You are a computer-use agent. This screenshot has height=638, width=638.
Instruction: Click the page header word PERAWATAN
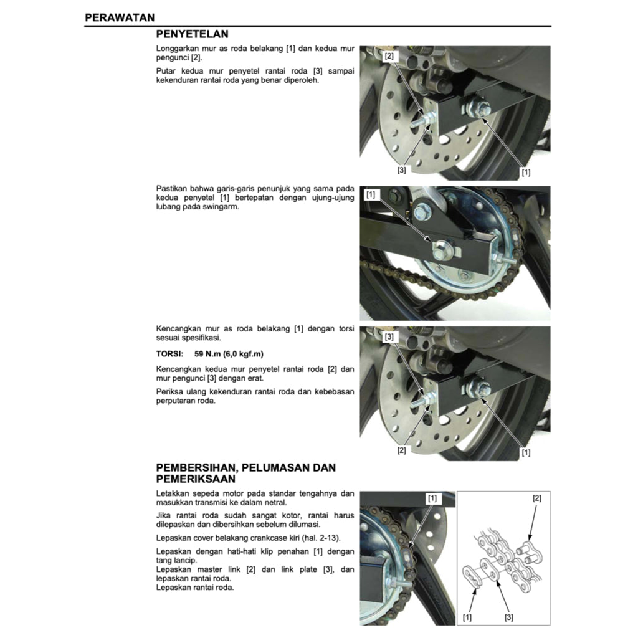tap(120, 17)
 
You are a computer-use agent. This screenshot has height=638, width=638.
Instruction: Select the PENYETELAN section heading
tap(192, 34)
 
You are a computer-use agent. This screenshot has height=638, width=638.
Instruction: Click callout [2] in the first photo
tap(389, 56)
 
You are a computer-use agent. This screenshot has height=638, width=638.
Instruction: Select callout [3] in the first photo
tap(402, 169)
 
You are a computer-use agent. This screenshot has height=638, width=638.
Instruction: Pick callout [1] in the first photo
tap(526, 172)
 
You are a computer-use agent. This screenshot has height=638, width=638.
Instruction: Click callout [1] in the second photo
tap(371, 195)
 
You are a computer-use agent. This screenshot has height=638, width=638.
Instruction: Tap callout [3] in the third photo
tap(389, 336)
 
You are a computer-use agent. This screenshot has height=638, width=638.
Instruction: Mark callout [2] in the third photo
tap(402, 450)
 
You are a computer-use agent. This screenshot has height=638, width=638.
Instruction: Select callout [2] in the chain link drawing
tap(536, 498)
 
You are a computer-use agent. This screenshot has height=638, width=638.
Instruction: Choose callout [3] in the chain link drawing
tap(509, 617)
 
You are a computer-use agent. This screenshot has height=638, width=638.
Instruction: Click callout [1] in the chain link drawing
tap(467, 617)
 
